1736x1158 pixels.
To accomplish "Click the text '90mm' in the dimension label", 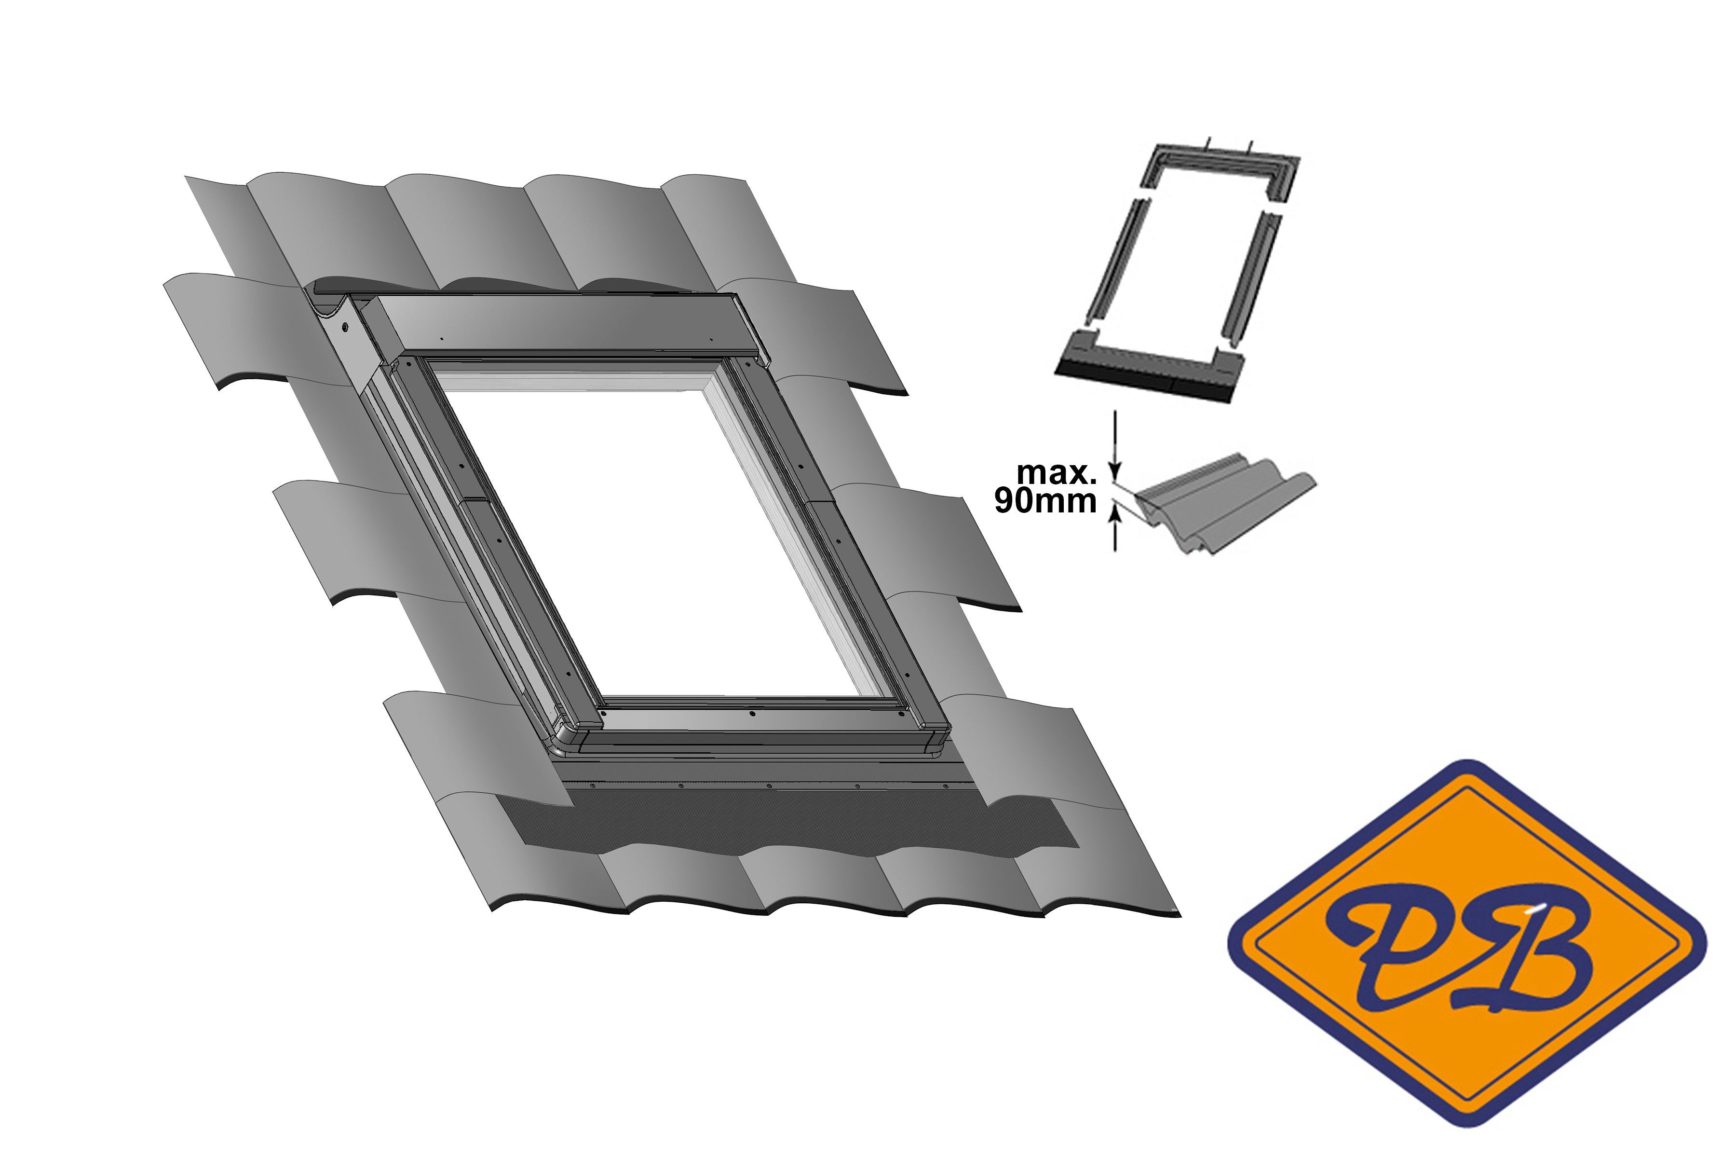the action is point(1044,501).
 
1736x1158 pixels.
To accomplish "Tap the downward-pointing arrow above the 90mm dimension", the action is point(1115,442).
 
